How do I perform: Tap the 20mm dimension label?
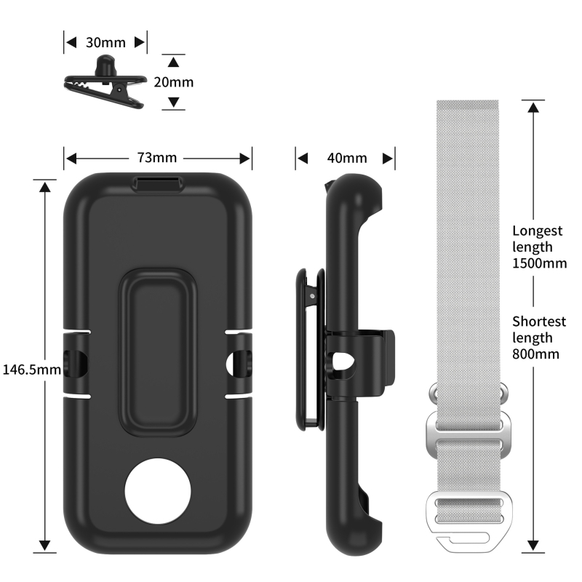coord(174,81)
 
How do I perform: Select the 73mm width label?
coord(158,157)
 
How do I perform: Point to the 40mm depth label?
coord(346,158)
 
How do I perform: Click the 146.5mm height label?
coord(31,369)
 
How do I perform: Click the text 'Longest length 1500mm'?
coord(539,247)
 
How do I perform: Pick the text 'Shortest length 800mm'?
coord(539,338)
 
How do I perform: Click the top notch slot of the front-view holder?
coord(158,184)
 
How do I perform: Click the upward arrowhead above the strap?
coord(534,106)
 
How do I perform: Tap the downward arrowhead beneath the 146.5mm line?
coord(45,546)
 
